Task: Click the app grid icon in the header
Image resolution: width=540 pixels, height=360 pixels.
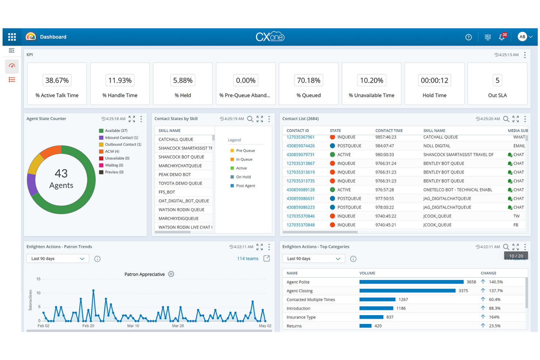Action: [x=12, y=37]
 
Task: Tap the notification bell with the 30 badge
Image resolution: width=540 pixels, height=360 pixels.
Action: [x=502, y=37]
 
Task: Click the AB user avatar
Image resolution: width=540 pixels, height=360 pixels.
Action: [x=522, y=37]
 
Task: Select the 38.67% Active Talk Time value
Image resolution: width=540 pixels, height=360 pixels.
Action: [x=57, y=80]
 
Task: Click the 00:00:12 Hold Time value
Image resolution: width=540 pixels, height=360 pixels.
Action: [x=434, y=80]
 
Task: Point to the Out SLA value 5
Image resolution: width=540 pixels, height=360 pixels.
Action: [x=497, y=80]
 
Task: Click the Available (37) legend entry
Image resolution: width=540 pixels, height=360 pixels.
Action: [x=116, y=131]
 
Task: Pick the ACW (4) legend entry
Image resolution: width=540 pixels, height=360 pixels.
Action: [x=112, y=151]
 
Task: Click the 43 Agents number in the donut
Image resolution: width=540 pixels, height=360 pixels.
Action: [x=61, y=174]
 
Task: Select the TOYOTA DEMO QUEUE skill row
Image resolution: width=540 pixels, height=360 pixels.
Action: [x=180, y=183]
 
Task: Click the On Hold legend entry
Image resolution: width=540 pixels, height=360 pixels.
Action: [x=243, y=177]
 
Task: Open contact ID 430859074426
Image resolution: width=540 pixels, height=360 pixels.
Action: [x=300, y=146]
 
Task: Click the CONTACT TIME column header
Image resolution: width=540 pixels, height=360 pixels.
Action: [x=389, y=131]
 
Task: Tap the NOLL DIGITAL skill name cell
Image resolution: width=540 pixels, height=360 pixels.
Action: [x=436, y=146]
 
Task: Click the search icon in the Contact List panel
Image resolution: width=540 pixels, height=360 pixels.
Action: [x=506, y=119]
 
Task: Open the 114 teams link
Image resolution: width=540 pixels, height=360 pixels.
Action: [x=247, y=259]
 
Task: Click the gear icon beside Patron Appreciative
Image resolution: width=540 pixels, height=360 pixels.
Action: [x=171, y=274]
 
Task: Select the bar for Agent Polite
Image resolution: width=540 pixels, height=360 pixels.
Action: [x=411, y=282]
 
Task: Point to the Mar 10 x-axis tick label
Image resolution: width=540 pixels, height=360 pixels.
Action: [x=133, y=326]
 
